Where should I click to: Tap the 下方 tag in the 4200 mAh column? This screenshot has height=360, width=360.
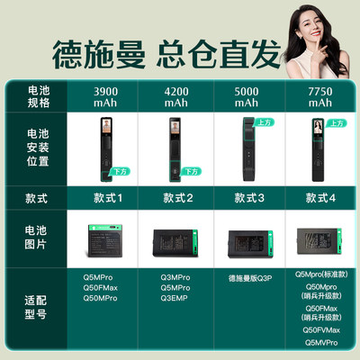click(190, 171)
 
